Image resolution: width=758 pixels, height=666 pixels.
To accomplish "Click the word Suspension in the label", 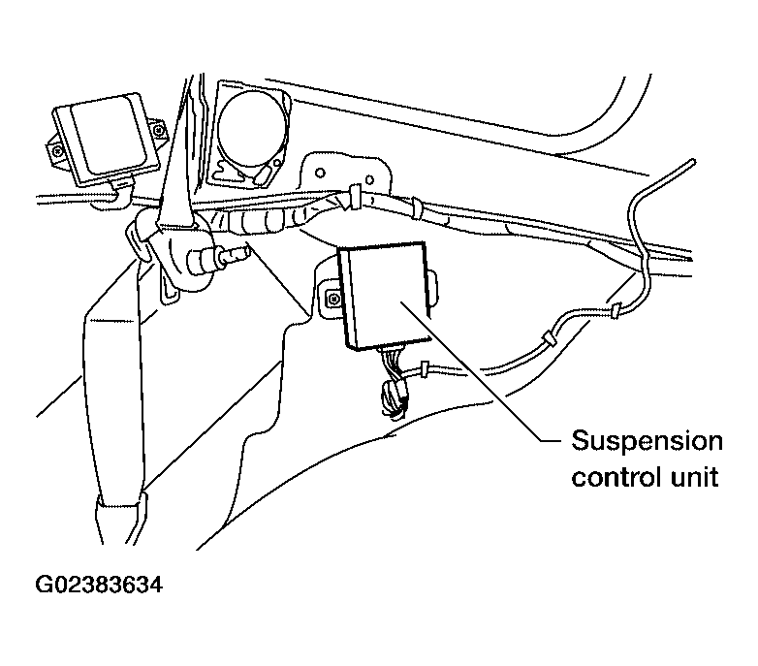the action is point(647,442).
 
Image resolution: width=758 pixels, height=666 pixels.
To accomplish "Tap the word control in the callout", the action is point(616,477).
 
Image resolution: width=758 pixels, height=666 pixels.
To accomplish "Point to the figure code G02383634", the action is point(100,585).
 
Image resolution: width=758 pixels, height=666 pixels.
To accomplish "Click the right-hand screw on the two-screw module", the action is point(158,130).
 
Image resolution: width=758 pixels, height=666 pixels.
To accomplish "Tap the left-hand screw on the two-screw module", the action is point(58,151).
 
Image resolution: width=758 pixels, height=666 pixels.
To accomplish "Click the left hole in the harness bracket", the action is point(320,173).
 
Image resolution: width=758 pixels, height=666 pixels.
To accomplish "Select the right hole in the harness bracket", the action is point(369,180).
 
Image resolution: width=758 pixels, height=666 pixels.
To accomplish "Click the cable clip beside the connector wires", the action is point(425,368).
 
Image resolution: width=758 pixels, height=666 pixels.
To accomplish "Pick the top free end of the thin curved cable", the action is point(693,162).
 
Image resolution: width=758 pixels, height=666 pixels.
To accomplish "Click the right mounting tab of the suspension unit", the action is point(433,289).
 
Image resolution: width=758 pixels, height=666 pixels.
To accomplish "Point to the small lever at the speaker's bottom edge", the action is point(264,174).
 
